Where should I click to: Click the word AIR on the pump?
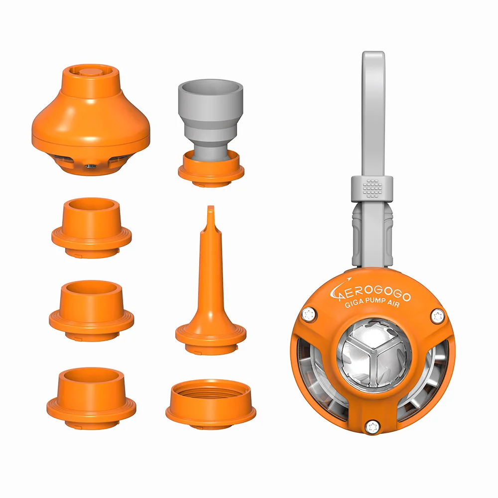coord(393,303)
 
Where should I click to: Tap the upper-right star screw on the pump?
coord(437,316)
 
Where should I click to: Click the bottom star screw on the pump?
coord(372,426)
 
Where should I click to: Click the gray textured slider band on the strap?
coord(372,189)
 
